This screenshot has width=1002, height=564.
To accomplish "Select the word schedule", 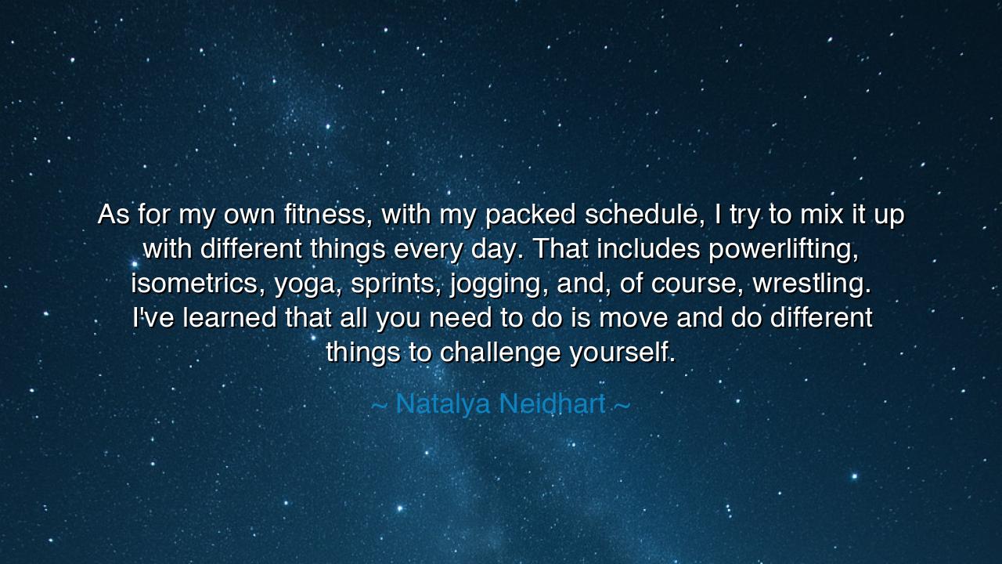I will click(644, 214).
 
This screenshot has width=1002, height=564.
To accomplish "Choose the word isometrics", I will click(199, 284).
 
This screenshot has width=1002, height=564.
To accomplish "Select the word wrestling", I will click(812, 284).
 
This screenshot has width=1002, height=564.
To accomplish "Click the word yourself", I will click(622, 353).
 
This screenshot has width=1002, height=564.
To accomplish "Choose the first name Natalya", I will click(443, 404).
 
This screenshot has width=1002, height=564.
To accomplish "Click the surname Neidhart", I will click(552, 404).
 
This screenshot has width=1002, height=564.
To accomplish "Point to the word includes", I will click(649, 249).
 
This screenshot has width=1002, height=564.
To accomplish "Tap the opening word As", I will click(114, 214).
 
